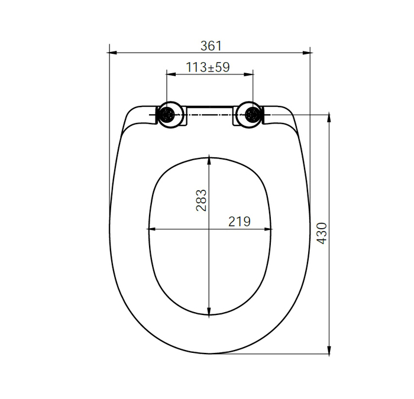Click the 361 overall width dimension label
(211, 45)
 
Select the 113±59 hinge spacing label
(208, 67)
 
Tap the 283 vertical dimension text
(201, 200)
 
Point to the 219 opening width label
(240, 222)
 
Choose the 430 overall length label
(322, 233)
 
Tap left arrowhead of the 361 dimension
(113, 53)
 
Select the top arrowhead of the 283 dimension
(209, 159)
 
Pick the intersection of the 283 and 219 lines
(209, 229)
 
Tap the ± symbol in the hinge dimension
(208, 67)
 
